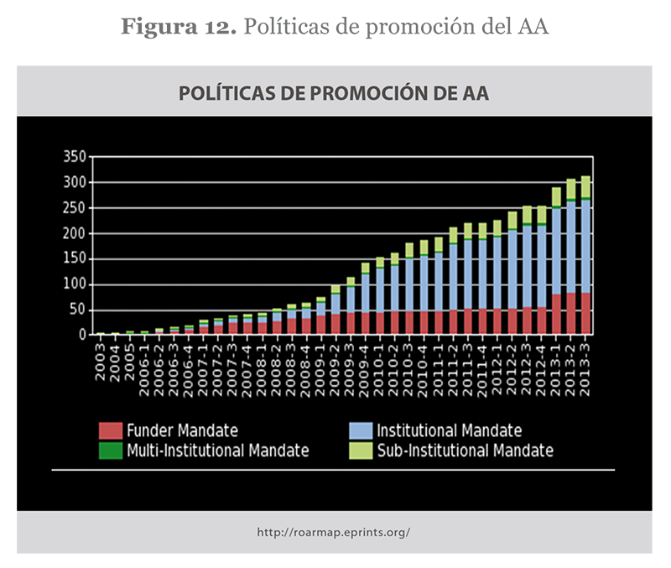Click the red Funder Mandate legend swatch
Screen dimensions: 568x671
click(x=111, y=430)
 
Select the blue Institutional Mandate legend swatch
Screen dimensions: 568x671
click(x=361, y=430)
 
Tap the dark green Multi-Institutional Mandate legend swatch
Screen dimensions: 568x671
click(x=111, y=451)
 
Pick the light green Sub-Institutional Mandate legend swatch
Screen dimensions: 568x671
click(x=361, y=451)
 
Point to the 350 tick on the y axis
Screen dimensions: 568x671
click(x=75, y=157)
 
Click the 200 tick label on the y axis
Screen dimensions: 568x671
click(x=75, y=233)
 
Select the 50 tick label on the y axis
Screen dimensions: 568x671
click(x=78, y=310)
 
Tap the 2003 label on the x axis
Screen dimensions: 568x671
click(x=101, y=356)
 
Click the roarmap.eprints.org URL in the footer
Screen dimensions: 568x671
click(x=334, y=532)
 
